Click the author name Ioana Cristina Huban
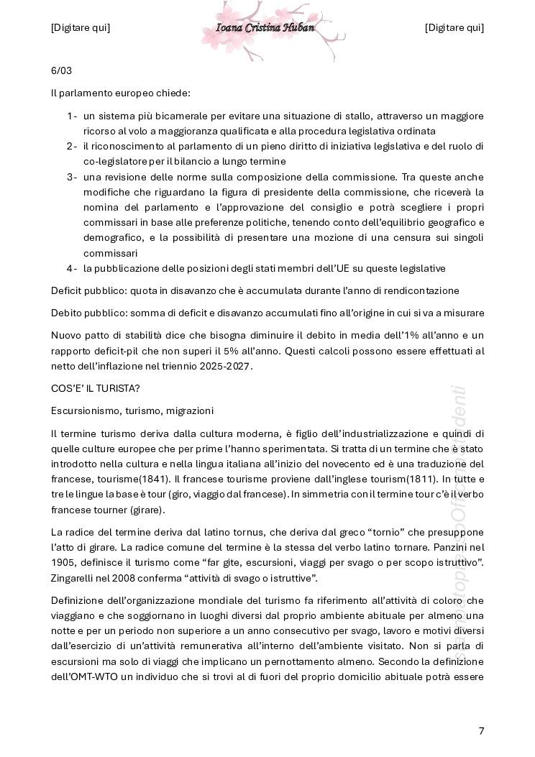pyautogui.click(x=265, y=28)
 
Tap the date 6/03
pyautogui.click(x=61, y=70)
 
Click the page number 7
pyautogui.click(x=481, y=731)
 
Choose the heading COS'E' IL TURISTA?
pyautogui.click(x=96, y=388)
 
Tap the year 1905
pyautogui.click(x=63, y=562)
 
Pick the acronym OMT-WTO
pyautogui.click(x=95, y=676)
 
